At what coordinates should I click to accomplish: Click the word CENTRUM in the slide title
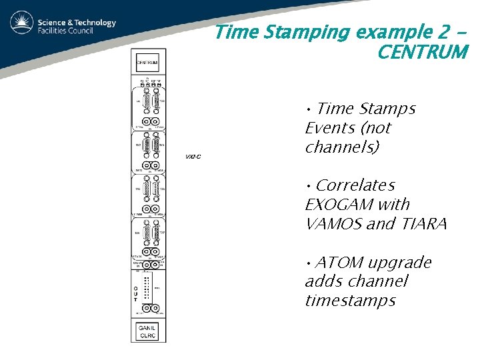point(422,52)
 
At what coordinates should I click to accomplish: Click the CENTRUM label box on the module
point(147,63)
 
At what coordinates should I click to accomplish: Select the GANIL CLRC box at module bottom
point(147,331)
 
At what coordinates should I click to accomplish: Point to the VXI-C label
point(193,156)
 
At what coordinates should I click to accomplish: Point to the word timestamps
point(350,301)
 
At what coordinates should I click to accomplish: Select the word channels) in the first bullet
point(341,147)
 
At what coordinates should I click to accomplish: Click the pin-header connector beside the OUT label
point(146,288)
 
